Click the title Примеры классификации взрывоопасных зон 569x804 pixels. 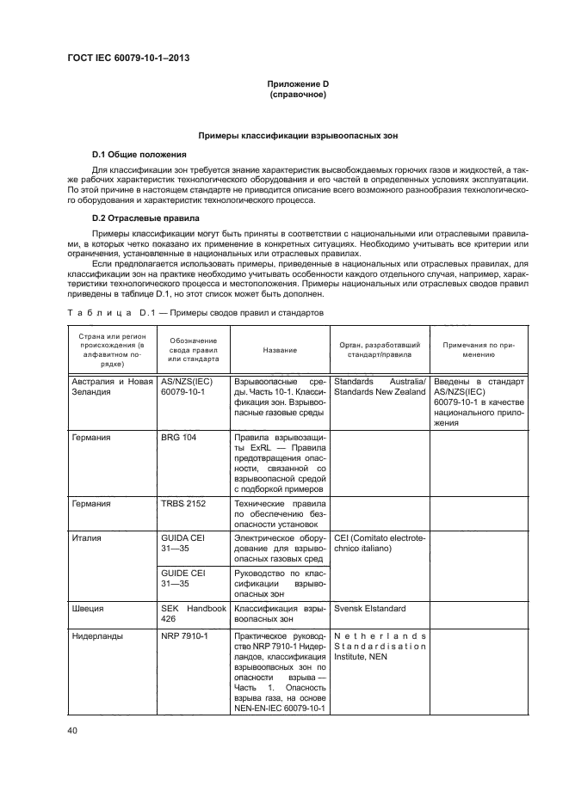pos(297,136)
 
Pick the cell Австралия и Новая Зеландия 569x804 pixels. pos(112,386)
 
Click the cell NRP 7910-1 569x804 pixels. pos(184,636)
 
